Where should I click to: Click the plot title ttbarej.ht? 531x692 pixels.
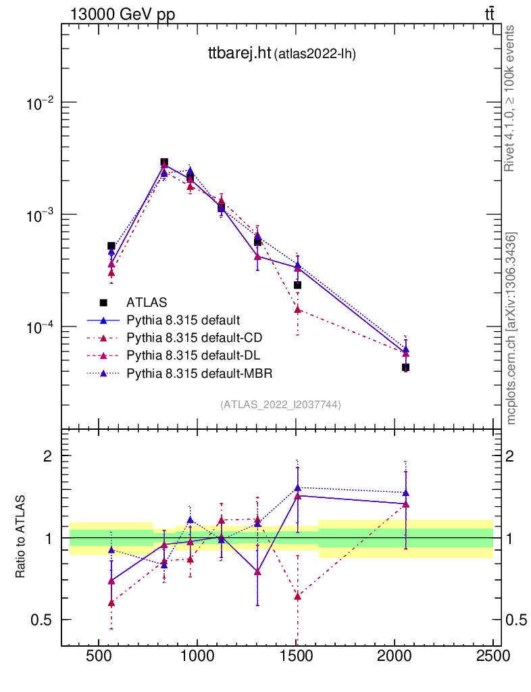[238, 55]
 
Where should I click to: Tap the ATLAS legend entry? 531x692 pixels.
[146, 301]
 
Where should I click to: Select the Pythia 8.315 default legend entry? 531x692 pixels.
[183, 319]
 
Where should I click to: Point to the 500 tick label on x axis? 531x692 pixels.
[99, 658]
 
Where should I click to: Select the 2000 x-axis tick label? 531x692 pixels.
[395, 658]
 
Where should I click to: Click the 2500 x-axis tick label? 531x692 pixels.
[492, 658]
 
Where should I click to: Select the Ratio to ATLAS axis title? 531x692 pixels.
[21, 537]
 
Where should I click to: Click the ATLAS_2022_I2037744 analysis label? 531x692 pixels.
[280, 404]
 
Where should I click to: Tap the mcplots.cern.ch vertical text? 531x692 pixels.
[512, 328]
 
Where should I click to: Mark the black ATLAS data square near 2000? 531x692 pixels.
[405, 368]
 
